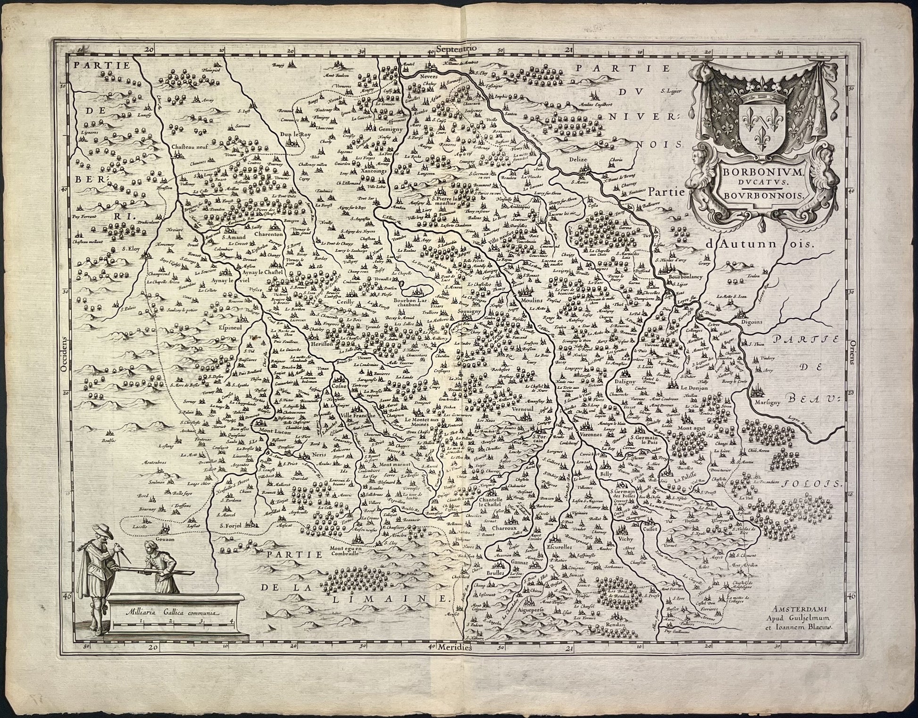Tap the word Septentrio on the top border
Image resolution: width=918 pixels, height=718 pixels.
[x=457, y=48]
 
